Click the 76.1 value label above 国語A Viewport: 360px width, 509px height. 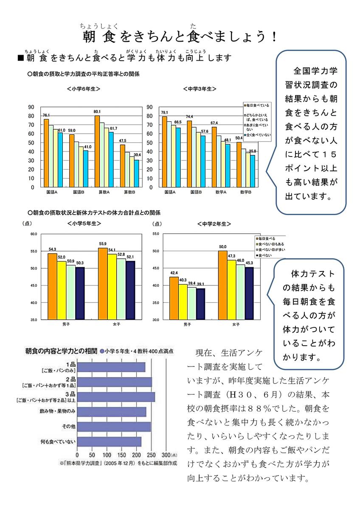click(46, 115)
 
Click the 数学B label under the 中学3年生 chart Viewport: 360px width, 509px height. click(246, 192)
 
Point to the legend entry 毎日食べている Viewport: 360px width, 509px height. click(259, 105)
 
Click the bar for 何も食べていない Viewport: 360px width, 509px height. click(110, 442)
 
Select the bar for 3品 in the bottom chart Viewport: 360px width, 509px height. click(116, 397)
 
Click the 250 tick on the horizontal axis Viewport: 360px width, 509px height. click(151, 456)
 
